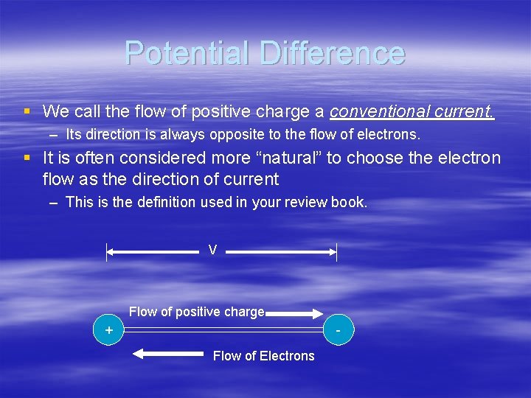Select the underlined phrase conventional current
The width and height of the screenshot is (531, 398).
(412, 111)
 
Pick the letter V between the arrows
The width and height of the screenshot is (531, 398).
(212, 251)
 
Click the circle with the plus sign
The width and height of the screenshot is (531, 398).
(109, 330)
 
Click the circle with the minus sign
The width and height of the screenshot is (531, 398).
(339, 330)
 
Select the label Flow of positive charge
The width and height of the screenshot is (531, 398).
(196, 312)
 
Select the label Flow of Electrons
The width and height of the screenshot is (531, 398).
(263, 356)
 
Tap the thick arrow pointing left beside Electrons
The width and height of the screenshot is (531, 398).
(167, 355)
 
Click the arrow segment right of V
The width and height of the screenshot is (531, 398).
(281, 252)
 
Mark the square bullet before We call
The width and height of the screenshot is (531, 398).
(27, 112)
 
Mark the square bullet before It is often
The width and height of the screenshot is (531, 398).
(27, 158)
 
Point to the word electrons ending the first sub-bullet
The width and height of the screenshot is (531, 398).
(390, 135)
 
